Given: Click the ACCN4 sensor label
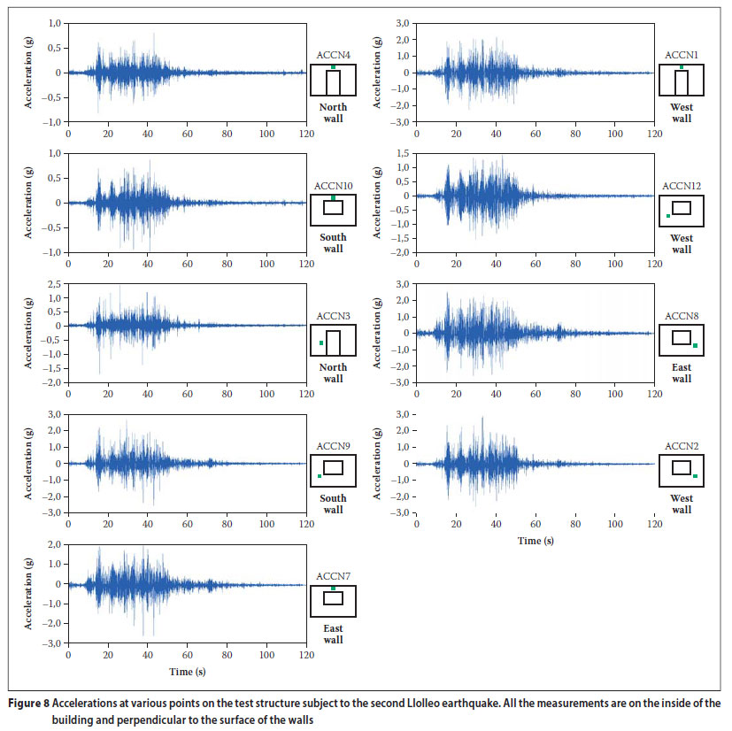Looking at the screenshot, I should (333, 55).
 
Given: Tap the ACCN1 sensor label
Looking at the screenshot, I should (682, 55).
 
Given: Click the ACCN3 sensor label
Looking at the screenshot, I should (333, 316).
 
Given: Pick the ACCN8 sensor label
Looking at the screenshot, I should (682, 316).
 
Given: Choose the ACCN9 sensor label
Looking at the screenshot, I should (333, 446).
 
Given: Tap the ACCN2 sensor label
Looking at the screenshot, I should (682, 446).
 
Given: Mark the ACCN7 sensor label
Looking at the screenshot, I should (333, 576).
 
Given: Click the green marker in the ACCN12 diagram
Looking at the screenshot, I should (668, 216).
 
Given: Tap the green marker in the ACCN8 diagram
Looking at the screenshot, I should (695, 345).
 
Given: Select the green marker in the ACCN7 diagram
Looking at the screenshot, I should (333, 589).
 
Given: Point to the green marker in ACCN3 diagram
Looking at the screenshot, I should (320, 342).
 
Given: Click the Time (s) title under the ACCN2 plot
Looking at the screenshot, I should (536, 540).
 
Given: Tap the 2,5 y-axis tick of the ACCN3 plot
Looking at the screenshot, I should (54, 284).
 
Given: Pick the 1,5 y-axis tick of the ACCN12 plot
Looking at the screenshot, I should (403, 154).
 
